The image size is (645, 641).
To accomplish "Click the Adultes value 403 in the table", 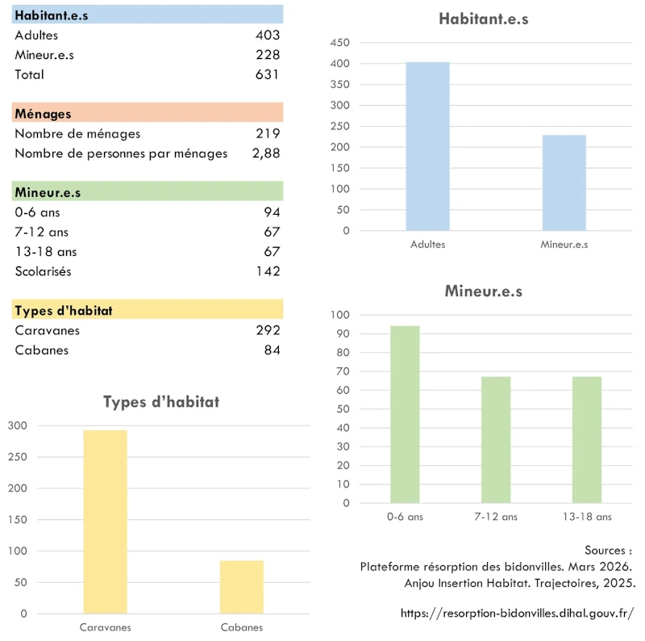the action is pos(268,35).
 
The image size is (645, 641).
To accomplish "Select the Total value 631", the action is pos(267,74).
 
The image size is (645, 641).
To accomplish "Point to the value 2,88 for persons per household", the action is pos(266,153).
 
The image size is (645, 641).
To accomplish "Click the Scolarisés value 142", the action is pos(268,271).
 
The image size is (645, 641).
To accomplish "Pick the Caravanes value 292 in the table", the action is pos(268,330).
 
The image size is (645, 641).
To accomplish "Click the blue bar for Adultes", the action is pos(428,146).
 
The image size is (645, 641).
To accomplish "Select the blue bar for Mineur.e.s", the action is pos(564,183).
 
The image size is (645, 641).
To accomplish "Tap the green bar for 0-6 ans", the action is pos(406,414).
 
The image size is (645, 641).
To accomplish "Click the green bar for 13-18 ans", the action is pos(587,440).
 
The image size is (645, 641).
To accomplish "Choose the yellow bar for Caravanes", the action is pos(106,522).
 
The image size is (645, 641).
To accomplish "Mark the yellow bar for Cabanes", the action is pos(242,587).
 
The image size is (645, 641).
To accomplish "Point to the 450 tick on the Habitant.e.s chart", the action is pos(339,43).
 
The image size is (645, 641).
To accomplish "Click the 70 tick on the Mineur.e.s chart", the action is pos(343,371).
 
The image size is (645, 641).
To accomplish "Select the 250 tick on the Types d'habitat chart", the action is pos(17,457).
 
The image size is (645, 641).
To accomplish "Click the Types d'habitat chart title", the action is pos(161,402).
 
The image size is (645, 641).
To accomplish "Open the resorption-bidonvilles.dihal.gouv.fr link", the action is pos(518,614).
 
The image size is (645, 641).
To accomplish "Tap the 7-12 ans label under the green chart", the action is pos(496,517).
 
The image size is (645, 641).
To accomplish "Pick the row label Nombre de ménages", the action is pos(77,134).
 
